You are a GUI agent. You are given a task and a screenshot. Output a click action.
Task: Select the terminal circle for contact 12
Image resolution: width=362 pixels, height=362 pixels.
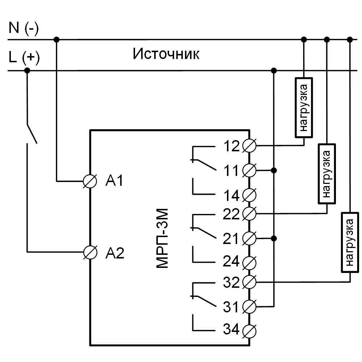[250, 146]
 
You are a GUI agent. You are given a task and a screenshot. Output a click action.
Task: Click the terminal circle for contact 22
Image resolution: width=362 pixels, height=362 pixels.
[250, 214]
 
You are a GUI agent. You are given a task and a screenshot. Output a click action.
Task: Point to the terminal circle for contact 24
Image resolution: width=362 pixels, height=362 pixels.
[250, 261]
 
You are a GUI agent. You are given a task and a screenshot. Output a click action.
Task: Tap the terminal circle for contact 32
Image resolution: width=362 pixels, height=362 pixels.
[250, 282]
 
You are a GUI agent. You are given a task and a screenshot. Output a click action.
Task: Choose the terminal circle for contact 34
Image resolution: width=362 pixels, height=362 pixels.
[250, 330]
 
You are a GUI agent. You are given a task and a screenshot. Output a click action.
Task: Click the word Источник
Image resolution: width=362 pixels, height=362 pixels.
[166, 54]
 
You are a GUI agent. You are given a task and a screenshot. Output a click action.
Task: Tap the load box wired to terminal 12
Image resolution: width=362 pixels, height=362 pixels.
[304, 107]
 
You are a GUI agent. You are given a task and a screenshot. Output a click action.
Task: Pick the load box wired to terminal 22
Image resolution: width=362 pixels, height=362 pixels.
[327, 173]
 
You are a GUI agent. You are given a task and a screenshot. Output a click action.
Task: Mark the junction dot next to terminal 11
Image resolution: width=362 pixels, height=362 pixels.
[274, 170]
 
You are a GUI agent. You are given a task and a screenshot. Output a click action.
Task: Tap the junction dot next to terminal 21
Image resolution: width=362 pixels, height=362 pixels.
[274, 238]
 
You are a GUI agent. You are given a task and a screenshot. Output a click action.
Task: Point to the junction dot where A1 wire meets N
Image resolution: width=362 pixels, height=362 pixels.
[56, 39]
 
